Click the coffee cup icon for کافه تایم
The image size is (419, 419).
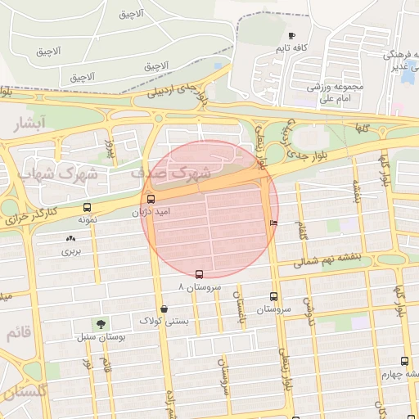pos(292,36)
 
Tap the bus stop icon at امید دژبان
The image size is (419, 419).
pos(150,199)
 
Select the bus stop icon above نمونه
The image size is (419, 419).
pos(88,208)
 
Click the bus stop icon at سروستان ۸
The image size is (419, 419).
pos(199,274)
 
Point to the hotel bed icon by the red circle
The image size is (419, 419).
pos(273,223)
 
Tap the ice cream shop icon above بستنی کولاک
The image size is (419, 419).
pos(165,309)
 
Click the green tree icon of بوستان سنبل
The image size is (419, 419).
pos(101,324)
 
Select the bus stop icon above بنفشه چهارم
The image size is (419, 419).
pos(404,361)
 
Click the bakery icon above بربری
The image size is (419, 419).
pos(70,238)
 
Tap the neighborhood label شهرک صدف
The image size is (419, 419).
pos(170,173)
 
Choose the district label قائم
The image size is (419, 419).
pos(19,334)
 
